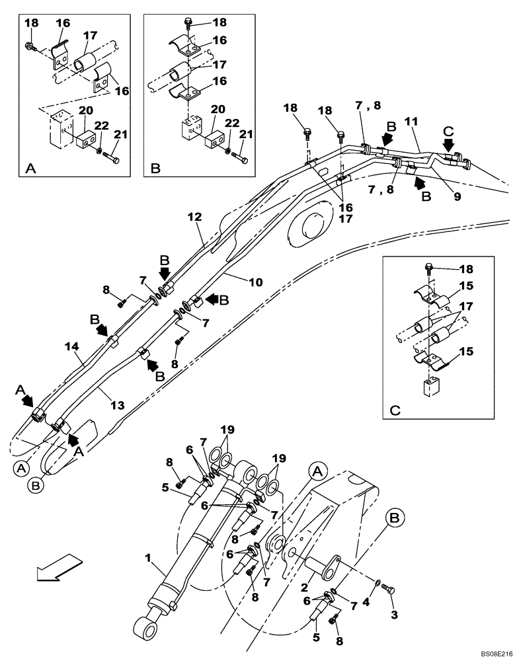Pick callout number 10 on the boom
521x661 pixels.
[x=255, y=282]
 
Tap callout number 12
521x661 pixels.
[x=193, y=216]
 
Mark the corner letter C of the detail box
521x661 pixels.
[x=395, y=409]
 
